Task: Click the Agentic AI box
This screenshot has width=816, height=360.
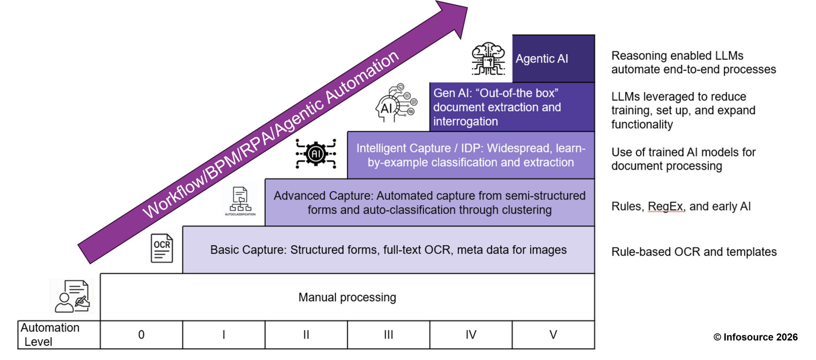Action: pos(553,59)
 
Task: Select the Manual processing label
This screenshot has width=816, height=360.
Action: pos(347,297)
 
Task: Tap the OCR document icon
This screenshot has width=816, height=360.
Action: pos(162,248)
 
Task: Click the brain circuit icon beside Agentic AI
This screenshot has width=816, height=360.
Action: pos(488,59)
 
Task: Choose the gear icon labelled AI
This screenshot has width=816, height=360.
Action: pos(316,154)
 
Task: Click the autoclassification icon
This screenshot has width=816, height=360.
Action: pos(240,201)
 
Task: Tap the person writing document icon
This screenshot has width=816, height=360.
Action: pos(72,296)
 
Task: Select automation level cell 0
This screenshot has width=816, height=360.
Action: pos(141,335)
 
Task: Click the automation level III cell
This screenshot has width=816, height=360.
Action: pos(388,335)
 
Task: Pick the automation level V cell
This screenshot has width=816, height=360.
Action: pos(553,335)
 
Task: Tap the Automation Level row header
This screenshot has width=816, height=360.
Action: pos(59,335)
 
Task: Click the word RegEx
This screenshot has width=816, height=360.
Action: pos(666,206)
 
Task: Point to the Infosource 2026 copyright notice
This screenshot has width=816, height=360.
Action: pos(755,337)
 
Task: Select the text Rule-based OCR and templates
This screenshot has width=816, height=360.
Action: pos(694,252)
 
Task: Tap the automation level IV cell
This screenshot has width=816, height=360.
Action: pos(471,335)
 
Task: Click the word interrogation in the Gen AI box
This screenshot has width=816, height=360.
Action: pos(465,121)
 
